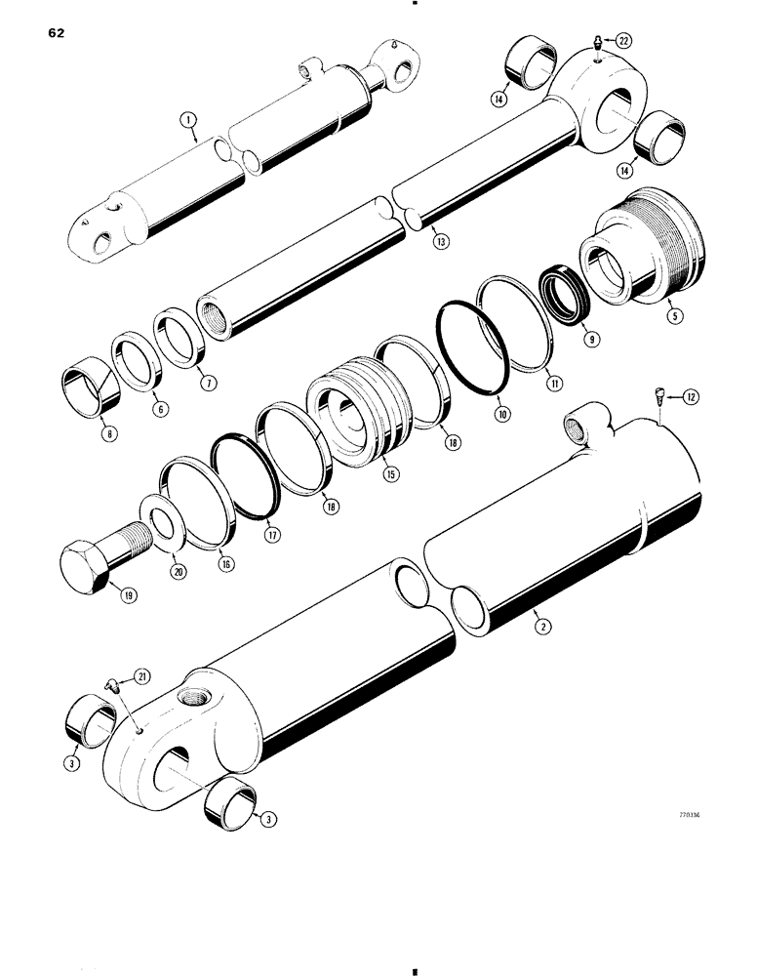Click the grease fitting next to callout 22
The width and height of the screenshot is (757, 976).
596,42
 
